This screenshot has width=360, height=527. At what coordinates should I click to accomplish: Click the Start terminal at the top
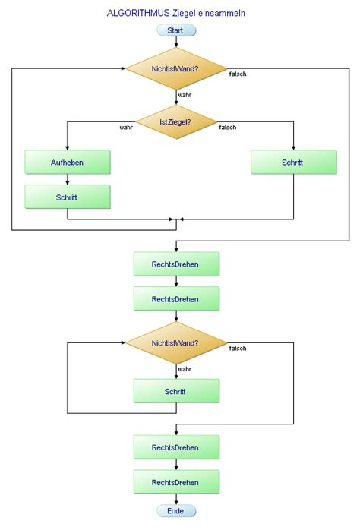point(176,30)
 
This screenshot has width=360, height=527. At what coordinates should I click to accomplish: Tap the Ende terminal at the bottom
point(176,511)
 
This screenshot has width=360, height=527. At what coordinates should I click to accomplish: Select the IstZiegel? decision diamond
point(176,121)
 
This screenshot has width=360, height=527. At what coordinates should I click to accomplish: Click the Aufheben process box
point(68,162)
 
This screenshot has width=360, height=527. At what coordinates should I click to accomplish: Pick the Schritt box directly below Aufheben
point(68,197)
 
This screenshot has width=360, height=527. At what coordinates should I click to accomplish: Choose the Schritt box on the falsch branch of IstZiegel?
point(293,162)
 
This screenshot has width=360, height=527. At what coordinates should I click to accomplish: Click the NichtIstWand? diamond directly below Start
point(176,68)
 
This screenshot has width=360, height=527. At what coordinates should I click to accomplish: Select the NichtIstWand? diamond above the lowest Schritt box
point(176,342)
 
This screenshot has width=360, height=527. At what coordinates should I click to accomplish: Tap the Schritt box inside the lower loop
point(176,391)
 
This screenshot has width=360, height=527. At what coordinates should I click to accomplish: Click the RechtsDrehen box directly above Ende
point(176,482)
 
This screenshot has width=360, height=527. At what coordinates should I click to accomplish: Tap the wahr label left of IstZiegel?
point(126,128)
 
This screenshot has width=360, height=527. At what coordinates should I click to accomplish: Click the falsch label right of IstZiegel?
point(227,128)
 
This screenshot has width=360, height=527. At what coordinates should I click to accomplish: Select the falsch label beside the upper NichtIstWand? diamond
point(238,74)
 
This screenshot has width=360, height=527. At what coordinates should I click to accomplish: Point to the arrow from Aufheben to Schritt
point(68,179)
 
